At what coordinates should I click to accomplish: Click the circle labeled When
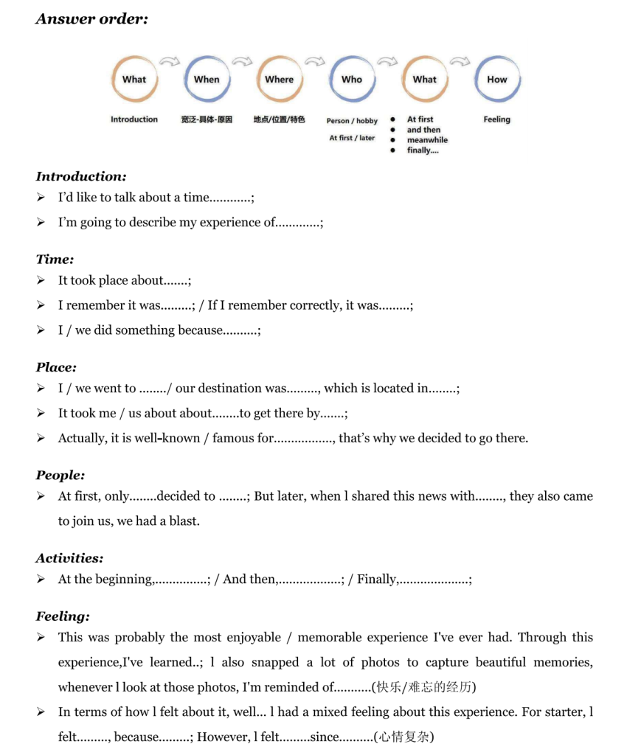pos(207,79)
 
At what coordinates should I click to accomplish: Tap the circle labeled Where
pos(279,79)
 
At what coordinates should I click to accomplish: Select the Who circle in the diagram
pos(352,79)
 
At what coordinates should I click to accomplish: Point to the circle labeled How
pos(497,79)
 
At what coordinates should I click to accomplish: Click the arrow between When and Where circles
pos(243,62)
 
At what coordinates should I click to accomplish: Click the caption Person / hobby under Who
pos(352,121)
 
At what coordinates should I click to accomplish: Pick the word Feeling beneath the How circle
pos(496,119)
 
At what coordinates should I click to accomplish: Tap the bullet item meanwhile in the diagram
pos(427,140)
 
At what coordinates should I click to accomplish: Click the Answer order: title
pos(91,20)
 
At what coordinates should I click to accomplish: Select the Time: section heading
pos(55,260)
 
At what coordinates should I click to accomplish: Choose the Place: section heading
pos(56,367)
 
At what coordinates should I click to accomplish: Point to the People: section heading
pos(60,476)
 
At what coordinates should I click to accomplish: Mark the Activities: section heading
pos(69,558)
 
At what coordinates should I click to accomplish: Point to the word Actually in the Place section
pos(83,438)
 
